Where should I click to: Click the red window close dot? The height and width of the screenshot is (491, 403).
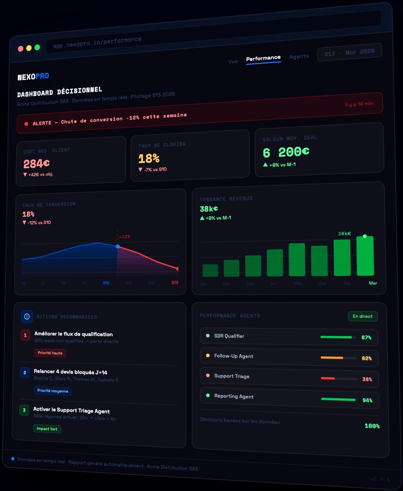point(21,48)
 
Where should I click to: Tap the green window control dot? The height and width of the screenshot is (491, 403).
point(37,47)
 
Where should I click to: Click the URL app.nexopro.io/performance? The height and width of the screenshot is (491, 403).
point(97,43)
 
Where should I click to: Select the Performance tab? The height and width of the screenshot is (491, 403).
point(263,58)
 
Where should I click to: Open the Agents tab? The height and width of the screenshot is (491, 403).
point(299,56)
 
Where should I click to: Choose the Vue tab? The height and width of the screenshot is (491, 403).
point(233,61)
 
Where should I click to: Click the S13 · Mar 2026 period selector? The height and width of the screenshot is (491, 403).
point(349,52)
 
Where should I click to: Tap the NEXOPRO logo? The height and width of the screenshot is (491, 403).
point(33,77)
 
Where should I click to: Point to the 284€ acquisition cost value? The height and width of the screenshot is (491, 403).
point(36,163)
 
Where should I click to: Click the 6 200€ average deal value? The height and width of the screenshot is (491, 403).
point(286,152)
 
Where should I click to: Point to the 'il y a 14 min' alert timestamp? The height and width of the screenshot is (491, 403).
point(359,104)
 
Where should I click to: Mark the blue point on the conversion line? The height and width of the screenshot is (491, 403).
point(118,247)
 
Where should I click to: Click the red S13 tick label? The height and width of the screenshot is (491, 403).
point(175,283)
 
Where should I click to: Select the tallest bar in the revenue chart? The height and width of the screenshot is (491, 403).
point(365,256)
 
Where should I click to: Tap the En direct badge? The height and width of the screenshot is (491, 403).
point(362,316)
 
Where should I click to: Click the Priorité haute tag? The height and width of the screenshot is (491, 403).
point(50,353)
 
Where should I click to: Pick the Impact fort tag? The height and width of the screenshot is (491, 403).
point(47,429)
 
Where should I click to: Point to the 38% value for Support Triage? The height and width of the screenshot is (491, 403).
point(367,379)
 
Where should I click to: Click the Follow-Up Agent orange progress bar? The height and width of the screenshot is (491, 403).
point(332,358)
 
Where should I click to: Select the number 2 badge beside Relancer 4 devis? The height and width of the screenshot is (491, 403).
point(25,373)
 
